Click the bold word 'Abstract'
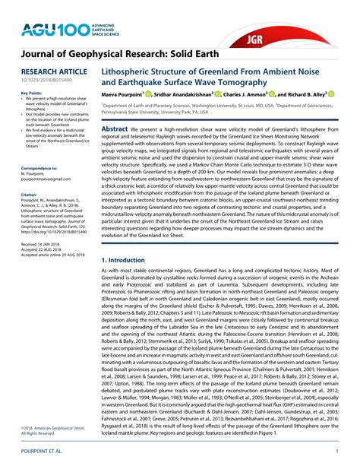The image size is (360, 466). [115, 129]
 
